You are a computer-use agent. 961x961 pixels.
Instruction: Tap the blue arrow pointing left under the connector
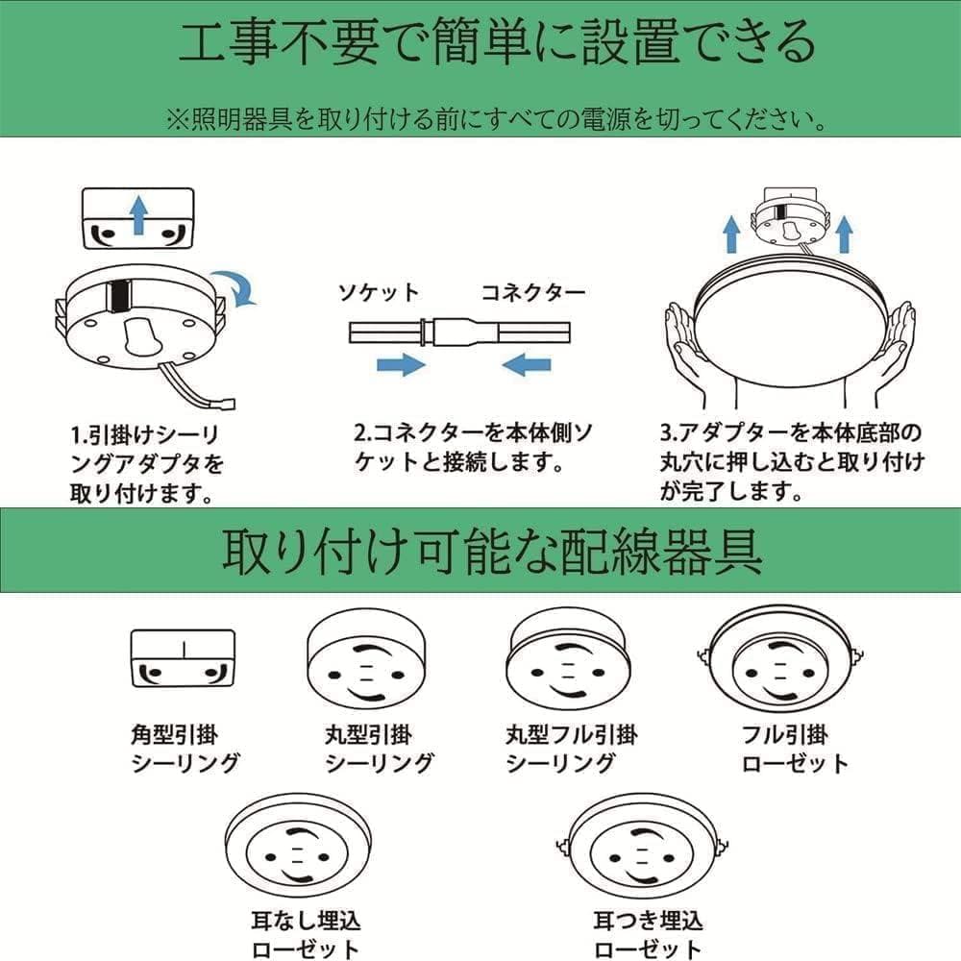tap(527, 364)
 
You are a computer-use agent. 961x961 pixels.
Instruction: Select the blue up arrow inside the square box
tap(138, 214)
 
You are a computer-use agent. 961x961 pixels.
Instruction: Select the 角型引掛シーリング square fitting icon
tap(183, 658)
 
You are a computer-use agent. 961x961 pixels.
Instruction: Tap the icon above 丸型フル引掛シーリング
tap(566, 661)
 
